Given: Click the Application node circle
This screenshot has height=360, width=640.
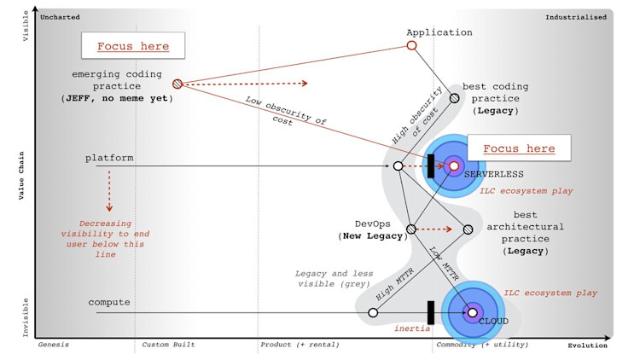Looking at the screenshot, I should (411, 46).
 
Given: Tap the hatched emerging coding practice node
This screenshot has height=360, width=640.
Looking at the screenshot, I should (177, 84).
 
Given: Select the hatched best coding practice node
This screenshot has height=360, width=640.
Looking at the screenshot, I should (455, 97).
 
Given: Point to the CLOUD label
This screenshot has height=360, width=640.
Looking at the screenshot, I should (493, 322).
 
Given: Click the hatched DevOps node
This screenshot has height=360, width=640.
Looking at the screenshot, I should (410, 229).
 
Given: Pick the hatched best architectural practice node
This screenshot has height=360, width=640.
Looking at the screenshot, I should (468, 229).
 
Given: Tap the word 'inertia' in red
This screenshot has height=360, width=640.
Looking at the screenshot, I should (411, 328).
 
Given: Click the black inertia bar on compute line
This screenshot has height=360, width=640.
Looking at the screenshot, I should (431, 312).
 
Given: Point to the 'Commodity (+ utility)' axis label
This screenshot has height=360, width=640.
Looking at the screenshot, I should (482, 345).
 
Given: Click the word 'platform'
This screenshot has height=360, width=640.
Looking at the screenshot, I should (109, 159).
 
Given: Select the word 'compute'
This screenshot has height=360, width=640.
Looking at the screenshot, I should (108, 302).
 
